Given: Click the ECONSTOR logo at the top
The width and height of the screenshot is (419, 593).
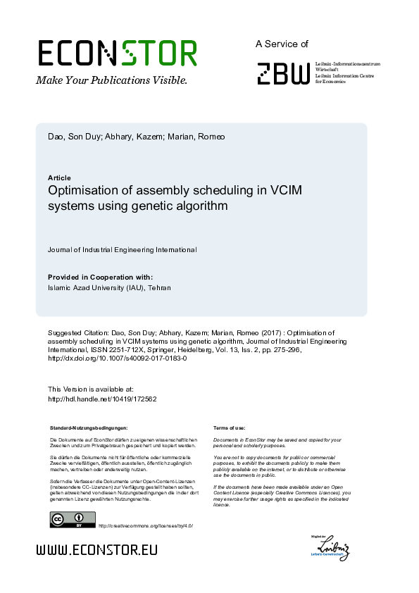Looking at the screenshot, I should coord(117,54).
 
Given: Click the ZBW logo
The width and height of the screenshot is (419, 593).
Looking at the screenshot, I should coord(283,72).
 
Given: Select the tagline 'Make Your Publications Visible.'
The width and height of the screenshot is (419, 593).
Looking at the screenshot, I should coord(112,80).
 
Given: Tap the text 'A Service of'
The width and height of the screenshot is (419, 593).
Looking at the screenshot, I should coord(282,44).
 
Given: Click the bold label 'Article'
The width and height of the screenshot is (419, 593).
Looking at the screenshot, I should coord(59,177).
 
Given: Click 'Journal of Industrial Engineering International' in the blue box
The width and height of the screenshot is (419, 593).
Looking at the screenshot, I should coord(122,249).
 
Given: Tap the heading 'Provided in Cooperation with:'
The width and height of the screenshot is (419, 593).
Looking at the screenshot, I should coord(100,277).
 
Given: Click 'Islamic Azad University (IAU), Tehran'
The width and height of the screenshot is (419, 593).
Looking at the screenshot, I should coord(109,287).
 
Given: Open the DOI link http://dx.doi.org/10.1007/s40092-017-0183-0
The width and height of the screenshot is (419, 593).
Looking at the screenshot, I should coord(117,358).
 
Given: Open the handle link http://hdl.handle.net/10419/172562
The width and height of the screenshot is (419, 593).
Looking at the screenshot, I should coord(101,399).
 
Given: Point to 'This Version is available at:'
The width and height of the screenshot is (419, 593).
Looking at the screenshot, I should coord(90,389).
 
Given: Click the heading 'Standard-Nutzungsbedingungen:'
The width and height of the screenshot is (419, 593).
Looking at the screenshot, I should coord(89,427).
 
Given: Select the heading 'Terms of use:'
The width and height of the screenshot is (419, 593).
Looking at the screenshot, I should coord(229,427).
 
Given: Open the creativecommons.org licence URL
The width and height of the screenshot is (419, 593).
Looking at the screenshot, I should coord(145,525).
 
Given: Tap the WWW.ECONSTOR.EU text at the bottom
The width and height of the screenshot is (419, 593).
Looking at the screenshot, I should coord(97,550).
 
